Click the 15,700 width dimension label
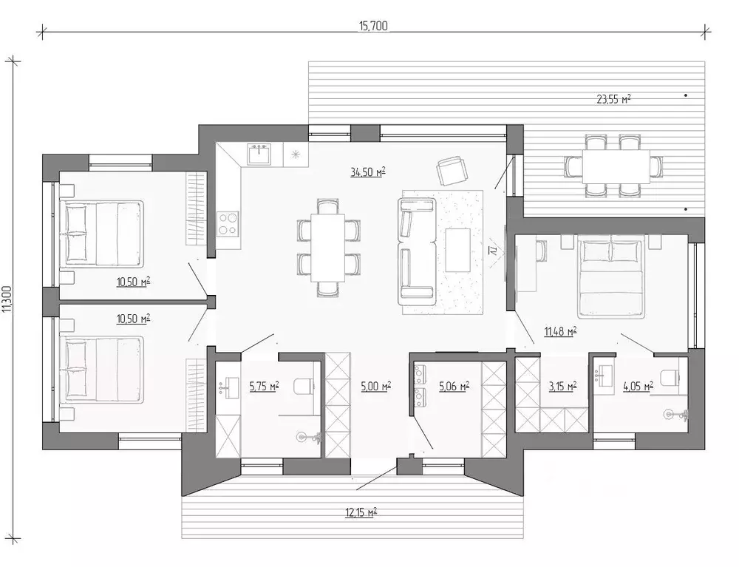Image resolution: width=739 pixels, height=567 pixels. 373,26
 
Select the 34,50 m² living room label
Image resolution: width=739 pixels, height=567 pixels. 368,172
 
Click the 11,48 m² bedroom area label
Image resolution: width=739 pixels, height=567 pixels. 560,332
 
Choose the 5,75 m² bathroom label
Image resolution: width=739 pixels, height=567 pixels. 264,386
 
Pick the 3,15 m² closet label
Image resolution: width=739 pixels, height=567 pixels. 562,386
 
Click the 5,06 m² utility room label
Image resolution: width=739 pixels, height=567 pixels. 454,386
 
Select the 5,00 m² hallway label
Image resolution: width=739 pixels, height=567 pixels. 375,386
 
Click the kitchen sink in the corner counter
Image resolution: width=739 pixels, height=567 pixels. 259,155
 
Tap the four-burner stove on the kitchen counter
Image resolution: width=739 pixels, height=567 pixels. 228,223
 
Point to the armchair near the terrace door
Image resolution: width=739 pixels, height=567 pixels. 452,171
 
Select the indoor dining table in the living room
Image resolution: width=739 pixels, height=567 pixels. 328,247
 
